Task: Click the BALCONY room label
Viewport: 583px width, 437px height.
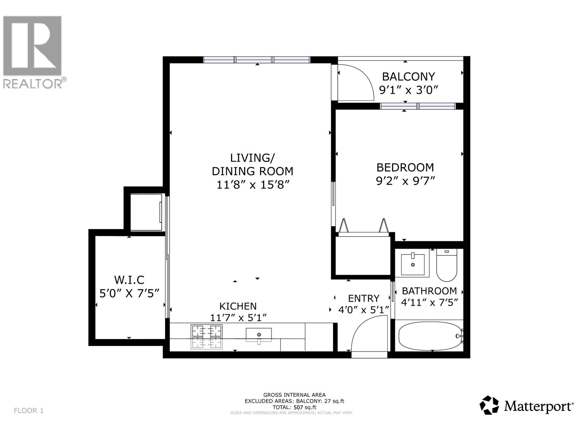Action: pos(408,76)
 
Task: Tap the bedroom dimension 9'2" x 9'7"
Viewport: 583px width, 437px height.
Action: pos(405,181)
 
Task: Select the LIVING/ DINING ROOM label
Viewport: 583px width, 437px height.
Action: pos(252,164)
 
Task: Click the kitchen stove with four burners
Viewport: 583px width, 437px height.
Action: pos(207,337)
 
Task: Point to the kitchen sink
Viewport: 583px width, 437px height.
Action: pos(259,335)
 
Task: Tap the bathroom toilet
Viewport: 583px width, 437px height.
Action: pos(446,265)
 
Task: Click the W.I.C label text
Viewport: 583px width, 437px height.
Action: pos(129,280)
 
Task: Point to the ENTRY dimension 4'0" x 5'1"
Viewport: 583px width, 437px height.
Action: pos(364,310)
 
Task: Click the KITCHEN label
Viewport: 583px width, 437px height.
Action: pos(238,306)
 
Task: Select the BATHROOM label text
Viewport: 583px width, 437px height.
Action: pos(429,291)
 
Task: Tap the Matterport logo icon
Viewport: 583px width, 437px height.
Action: pos(489,405)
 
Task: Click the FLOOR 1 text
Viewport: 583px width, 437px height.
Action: pos(28,410)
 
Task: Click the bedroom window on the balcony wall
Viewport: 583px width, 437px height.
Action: pos(418,106)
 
